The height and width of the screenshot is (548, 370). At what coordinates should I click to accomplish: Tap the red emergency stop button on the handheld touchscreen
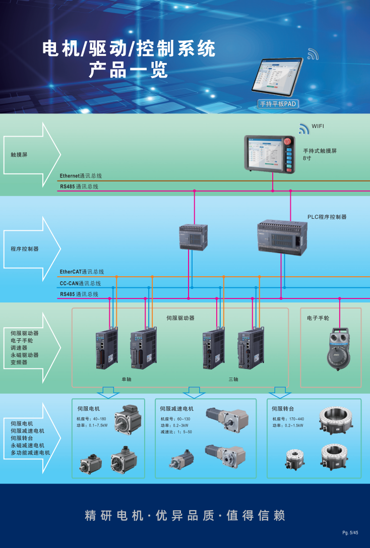(x=289, y=140)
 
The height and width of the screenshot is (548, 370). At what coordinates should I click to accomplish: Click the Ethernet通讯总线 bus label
(x=81, y=176)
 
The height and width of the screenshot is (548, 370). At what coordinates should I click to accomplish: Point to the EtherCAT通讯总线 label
(x=82, y=272)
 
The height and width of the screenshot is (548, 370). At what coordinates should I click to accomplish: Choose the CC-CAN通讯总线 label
(x=80, y=283)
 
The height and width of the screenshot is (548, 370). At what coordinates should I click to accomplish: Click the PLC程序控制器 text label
(x=327, y=217)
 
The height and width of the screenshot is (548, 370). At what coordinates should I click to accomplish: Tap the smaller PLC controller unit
(x=193, y=237)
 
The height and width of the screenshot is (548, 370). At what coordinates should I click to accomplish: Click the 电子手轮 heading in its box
(x=318, y=319)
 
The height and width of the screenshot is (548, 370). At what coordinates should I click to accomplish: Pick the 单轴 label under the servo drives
(x=126, y=379)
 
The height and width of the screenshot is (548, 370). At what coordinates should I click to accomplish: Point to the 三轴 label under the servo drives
(x=233, y=379)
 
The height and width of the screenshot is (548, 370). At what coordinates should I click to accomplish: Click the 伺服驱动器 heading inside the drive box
(x=180, y=318)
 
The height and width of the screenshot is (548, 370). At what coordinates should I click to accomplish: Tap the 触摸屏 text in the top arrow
(x=19, y=154)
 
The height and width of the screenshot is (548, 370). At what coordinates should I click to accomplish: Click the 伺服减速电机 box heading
(x=176, y=409)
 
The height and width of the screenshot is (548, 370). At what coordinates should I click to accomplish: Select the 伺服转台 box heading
(x=282, y=408)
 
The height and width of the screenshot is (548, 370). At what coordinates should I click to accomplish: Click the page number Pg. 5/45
(x=350, y=533)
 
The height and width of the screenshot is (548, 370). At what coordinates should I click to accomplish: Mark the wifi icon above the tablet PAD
(x=313, y=54)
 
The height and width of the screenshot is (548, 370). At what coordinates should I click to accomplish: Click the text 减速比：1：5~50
(x=176, y=432)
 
